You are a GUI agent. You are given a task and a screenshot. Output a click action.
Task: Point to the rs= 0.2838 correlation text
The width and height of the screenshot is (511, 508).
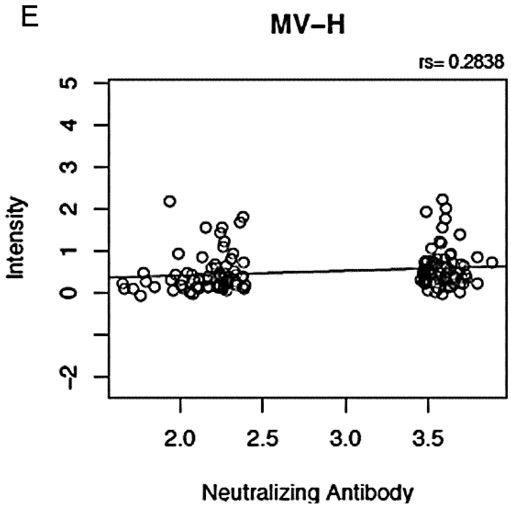(x=461, y=62)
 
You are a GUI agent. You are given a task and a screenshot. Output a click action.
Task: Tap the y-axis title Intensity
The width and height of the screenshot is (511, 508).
(x=16, y=237)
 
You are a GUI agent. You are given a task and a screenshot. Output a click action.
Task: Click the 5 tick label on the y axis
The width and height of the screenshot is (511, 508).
(x=69, y=83)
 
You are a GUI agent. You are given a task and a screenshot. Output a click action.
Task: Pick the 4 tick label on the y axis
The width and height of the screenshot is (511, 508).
(x=69, y=125)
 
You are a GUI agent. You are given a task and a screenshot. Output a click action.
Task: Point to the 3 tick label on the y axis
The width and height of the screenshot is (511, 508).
(x=69, y=167)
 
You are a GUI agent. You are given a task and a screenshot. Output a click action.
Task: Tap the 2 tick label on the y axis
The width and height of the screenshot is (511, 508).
(x=69, y=209)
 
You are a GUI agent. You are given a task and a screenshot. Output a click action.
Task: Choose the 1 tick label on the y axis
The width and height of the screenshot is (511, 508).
(x=69, y=251)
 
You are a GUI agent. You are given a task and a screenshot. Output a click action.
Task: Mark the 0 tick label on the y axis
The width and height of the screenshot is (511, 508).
(x=69, y=293)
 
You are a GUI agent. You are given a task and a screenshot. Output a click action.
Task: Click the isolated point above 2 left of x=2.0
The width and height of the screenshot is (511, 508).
(x=170, y=201)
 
